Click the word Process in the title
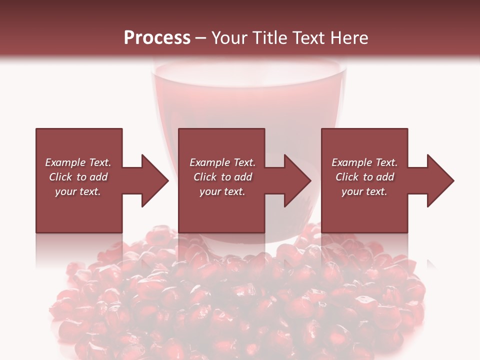coord(157,38)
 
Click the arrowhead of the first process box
coord(155,180)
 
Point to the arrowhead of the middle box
coord(298,180)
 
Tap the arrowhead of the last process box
coord(440,180)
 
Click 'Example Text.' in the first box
coord(78,162)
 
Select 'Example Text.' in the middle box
coord(222,162)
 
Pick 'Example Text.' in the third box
coord(364,162)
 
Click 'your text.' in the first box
coord(78,191)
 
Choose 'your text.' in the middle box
coord(222,191)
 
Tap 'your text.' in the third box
coord(364,191)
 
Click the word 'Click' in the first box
coord(61,177)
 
